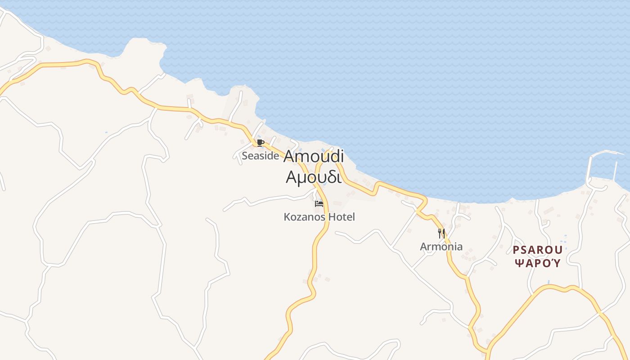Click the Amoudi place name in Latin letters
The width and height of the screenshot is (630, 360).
(314, 157)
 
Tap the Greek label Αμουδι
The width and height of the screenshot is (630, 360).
(314, 177)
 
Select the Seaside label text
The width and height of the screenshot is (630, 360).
(260, 156)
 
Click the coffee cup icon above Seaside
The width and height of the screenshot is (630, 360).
(260, 143)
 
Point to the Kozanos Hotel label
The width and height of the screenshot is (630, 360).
(319, 217)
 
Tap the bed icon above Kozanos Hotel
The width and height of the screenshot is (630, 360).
(319, 204)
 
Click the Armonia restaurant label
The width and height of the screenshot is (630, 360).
(441, 247)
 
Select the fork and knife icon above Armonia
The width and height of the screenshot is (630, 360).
(441, 234)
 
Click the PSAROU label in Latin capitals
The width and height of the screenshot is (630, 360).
(538, 250)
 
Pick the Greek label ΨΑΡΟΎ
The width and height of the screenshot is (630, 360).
(538, 263)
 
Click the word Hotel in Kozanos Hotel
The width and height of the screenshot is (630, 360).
(341, 217)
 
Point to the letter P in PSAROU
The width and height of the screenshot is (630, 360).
(516, 250)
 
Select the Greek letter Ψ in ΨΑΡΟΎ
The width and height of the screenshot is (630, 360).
(518, 263)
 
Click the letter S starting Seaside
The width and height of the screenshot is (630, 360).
(244, 156)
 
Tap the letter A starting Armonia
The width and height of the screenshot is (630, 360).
(423, 247)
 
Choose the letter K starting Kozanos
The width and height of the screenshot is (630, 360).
(287, 217)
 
